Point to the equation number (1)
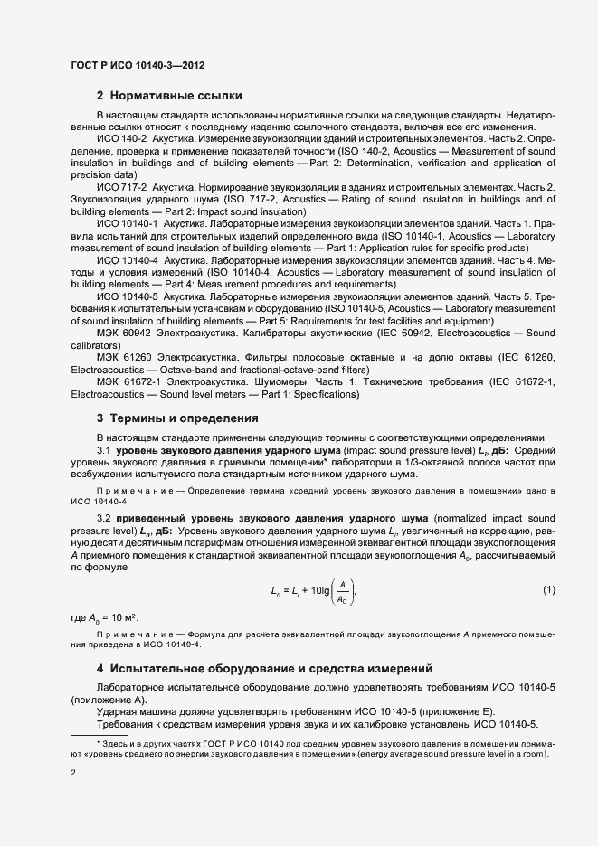tap(548, 590)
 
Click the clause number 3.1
tap(103, 449)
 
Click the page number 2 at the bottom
tap(72, 774)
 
